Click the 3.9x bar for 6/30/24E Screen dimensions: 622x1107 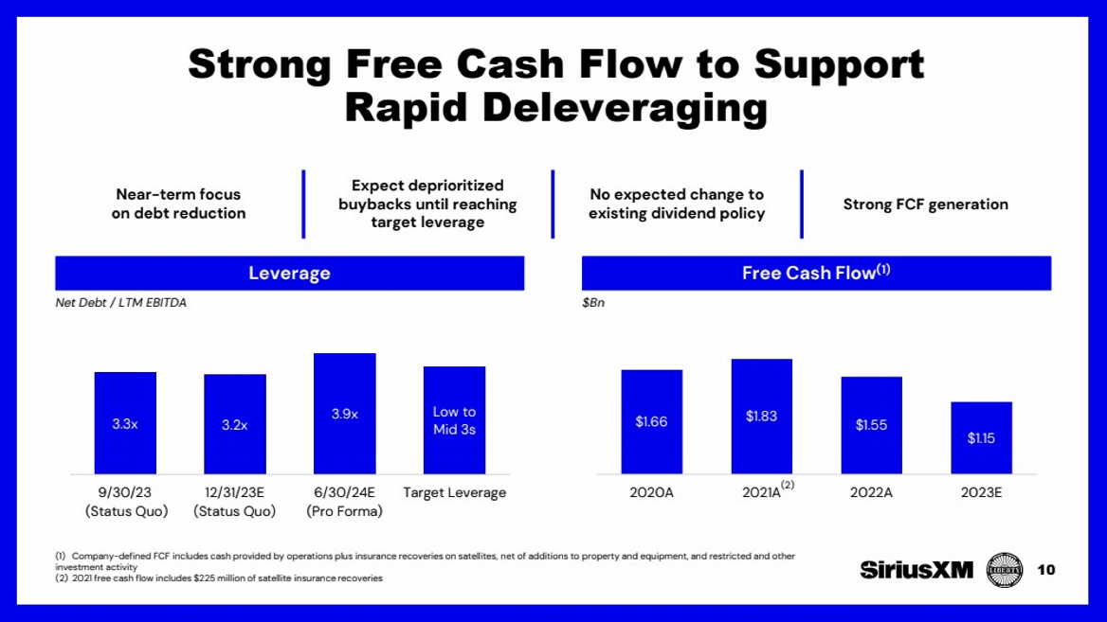[344, 414]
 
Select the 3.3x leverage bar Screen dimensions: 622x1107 [125, 423]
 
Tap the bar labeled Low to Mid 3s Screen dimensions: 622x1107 [454, 420]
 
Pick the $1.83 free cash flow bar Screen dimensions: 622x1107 [761, 417]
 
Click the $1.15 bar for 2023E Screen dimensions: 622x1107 [981, 437]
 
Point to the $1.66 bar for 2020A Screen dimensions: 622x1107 [651, 421]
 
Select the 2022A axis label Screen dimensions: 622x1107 [871, 492]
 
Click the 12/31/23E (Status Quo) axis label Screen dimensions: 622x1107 [234, 502]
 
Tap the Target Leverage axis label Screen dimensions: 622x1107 [454, 492]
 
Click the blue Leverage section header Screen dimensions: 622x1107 [289, 274]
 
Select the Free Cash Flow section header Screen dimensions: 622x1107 [816, 274]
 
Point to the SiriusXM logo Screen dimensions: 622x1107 [916, 570]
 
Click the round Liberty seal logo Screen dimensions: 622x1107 [1004, 570]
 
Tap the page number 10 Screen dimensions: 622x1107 [1046, 570]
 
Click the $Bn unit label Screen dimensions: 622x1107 [593, 303]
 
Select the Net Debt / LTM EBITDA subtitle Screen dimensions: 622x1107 [120, 303]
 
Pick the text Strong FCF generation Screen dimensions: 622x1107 [925, 204]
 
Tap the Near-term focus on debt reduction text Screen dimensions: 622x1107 [178, 204]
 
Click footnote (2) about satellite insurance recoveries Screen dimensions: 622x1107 [219, 578]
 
